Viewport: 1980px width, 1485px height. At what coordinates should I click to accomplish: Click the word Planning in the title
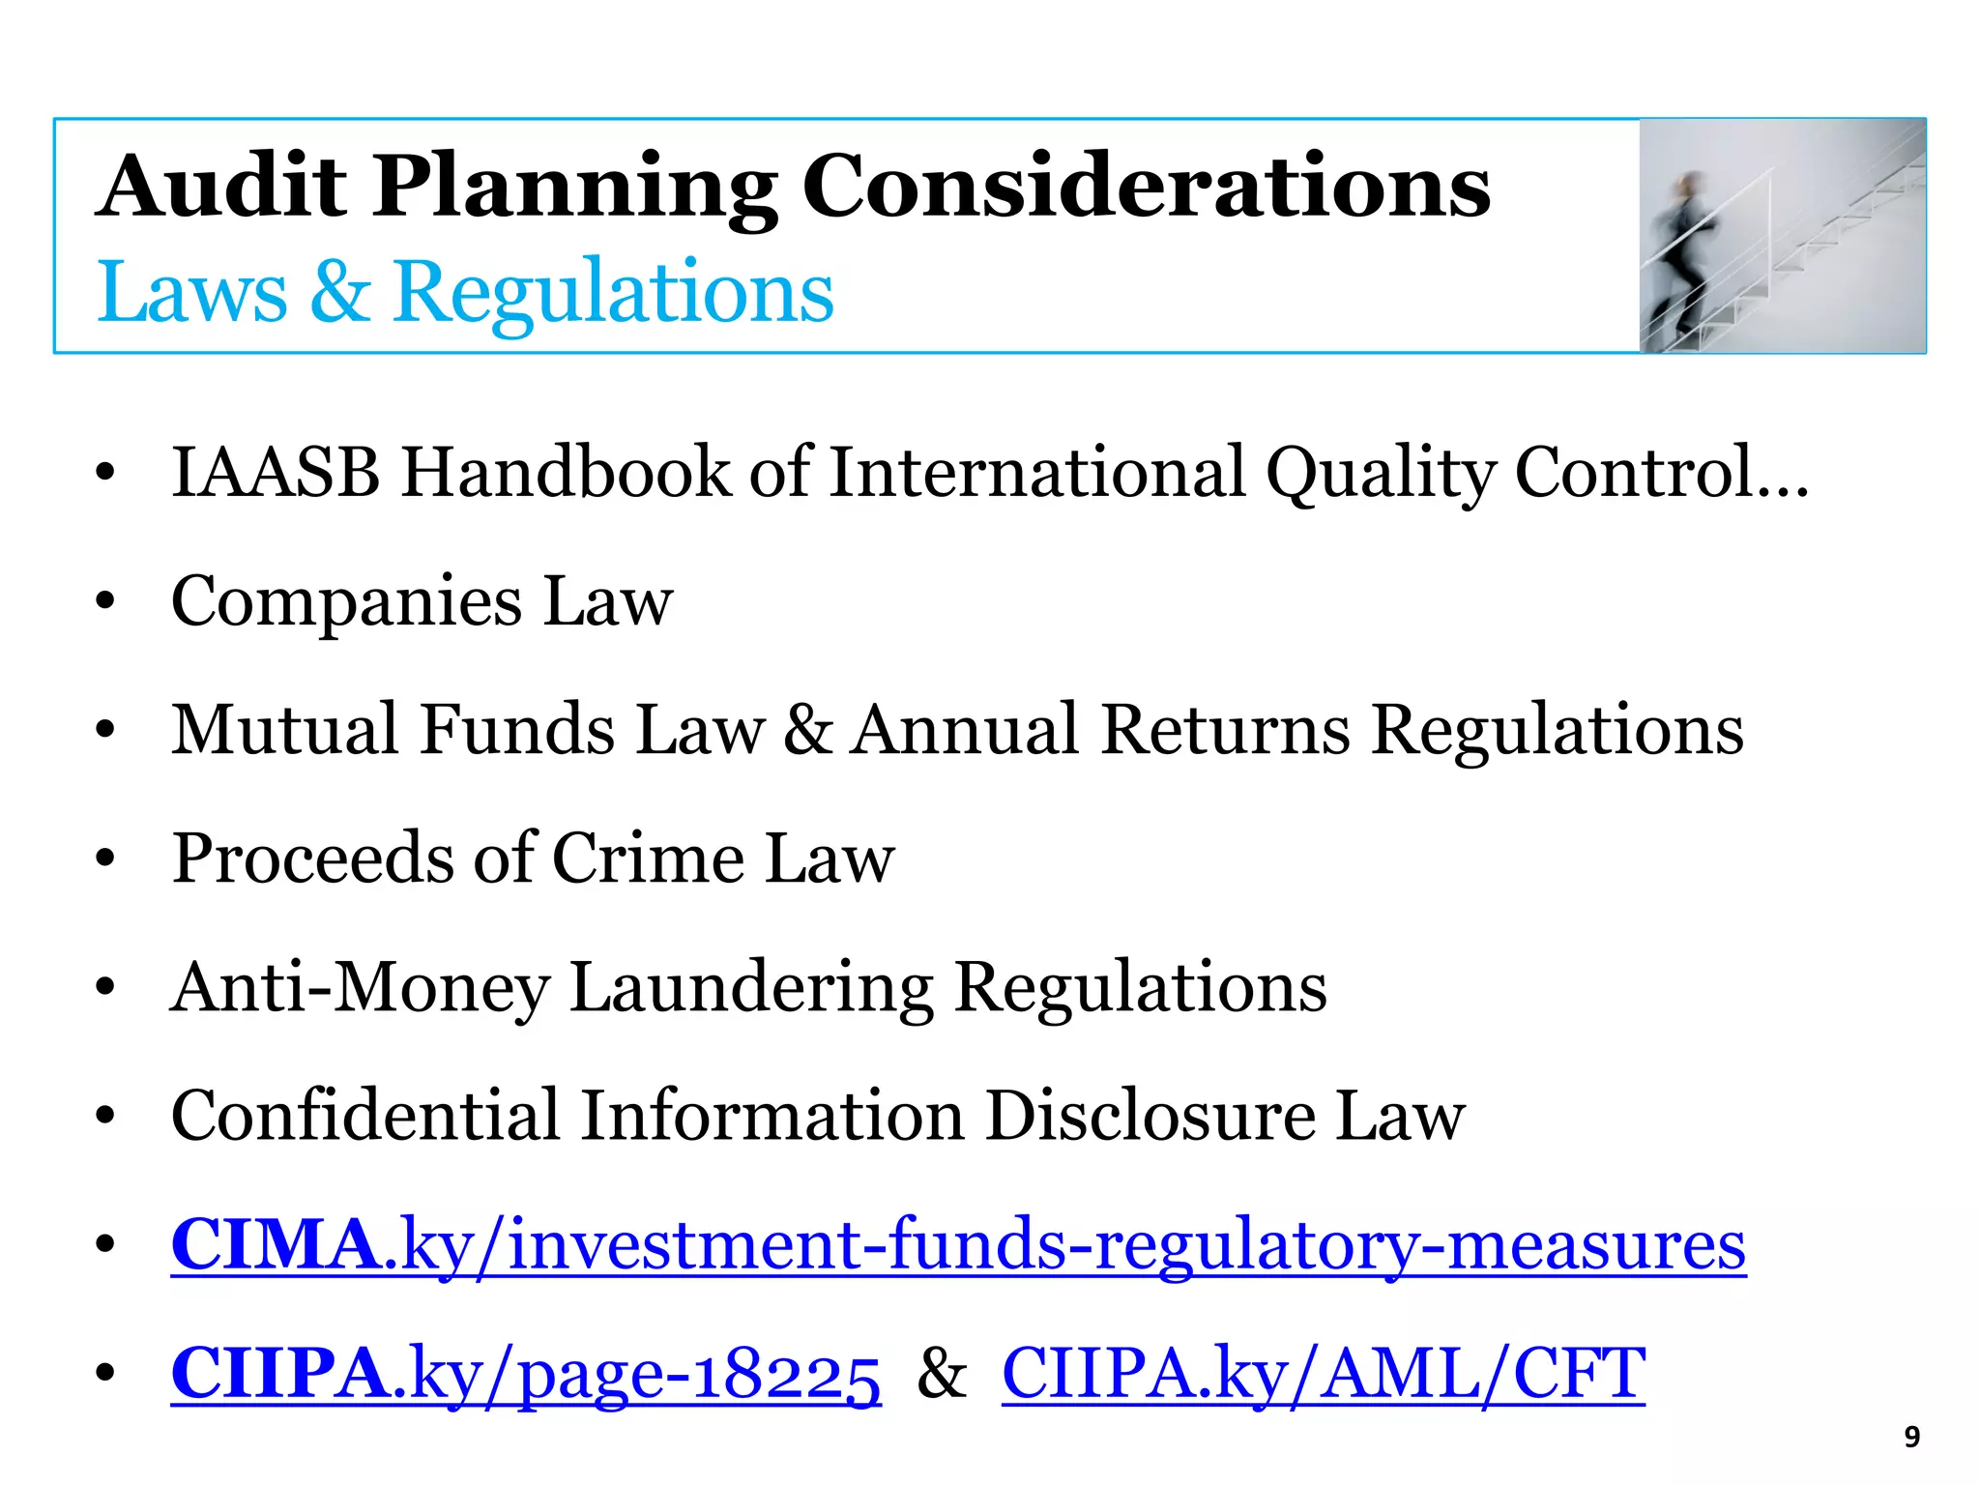(x=575, y=187)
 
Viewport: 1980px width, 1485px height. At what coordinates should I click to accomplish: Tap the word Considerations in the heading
(x=1147, y=187)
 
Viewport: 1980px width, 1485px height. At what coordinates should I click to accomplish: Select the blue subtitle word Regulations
(x=614, y=292)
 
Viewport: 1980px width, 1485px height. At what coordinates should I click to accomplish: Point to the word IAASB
(x=276, y=473)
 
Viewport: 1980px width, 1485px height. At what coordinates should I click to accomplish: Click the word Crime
(x=648, y=859)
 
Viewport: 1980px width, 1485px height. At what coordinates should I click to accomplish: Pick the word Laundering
(x=751, y=987)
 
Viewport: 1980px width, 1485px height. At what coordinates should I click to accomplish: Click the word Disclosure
(x=1150, y=1116)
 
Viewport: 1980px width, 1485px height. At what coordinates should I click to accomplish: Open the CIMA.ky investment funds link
(x=958, y=1245)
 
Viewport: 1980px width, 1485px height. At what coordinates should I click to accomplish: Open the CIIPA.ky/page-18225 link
(x=526, y=1374)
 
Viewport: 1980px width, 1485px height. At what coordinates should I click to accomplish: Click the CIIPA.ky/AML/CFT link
(x=1323, y=1374)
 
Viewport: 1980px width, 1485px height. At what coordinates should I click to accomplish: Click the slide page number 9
(x=1911, y=1438)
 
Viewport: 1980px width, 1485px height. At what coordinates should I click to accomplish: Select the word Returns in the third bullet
(x=1225, y=729)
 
